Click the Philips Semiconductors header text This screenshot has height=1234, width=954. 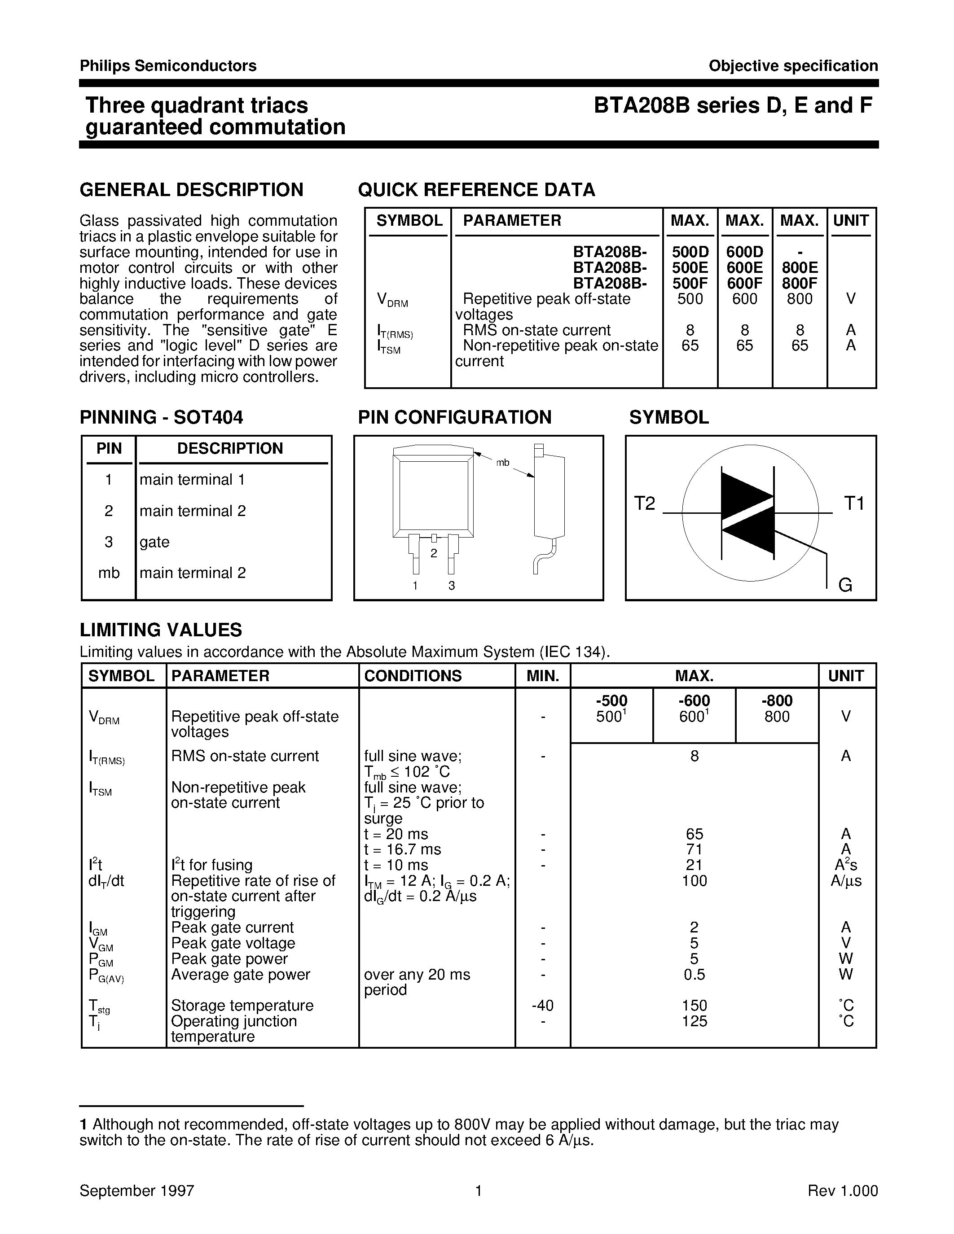[x=168, y=66]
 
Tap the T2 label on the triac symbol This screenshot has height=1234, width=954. [x=644, y=503]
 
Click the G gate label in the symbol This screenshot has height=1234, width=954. [x=845, y=585]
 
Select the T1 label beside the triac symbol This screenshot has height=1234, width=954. [x=854, y=503]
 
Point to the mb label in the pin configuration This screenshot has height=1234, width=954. [x=502, y=463]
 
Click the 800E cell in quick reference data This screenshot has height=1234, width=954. [x=800, y=268]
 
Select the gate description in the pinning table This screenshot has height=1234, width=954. [x=155, y=542]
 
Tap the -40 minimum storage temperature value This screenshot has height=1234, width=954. [x=543, y=1006]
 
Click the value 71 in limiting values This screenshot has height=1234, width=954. [x=694, y=849]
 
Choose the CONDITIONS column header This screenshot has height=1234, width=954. [x=413, y=676]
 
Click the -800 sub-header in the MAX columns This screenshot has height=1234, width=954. [x=777, y=700]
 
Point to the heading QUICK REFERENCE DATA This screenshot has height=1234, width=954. [x=476, y=190]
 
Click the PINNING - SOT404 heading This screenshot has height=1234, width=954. [x=162, y=418]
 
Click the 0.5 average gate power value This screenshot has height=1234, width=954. [x=694, y=974]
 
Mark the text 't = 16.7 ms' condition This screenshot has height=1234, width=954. [x=402, y=849]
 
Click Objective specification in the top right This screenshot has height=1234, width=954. [x=793, y=66]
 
